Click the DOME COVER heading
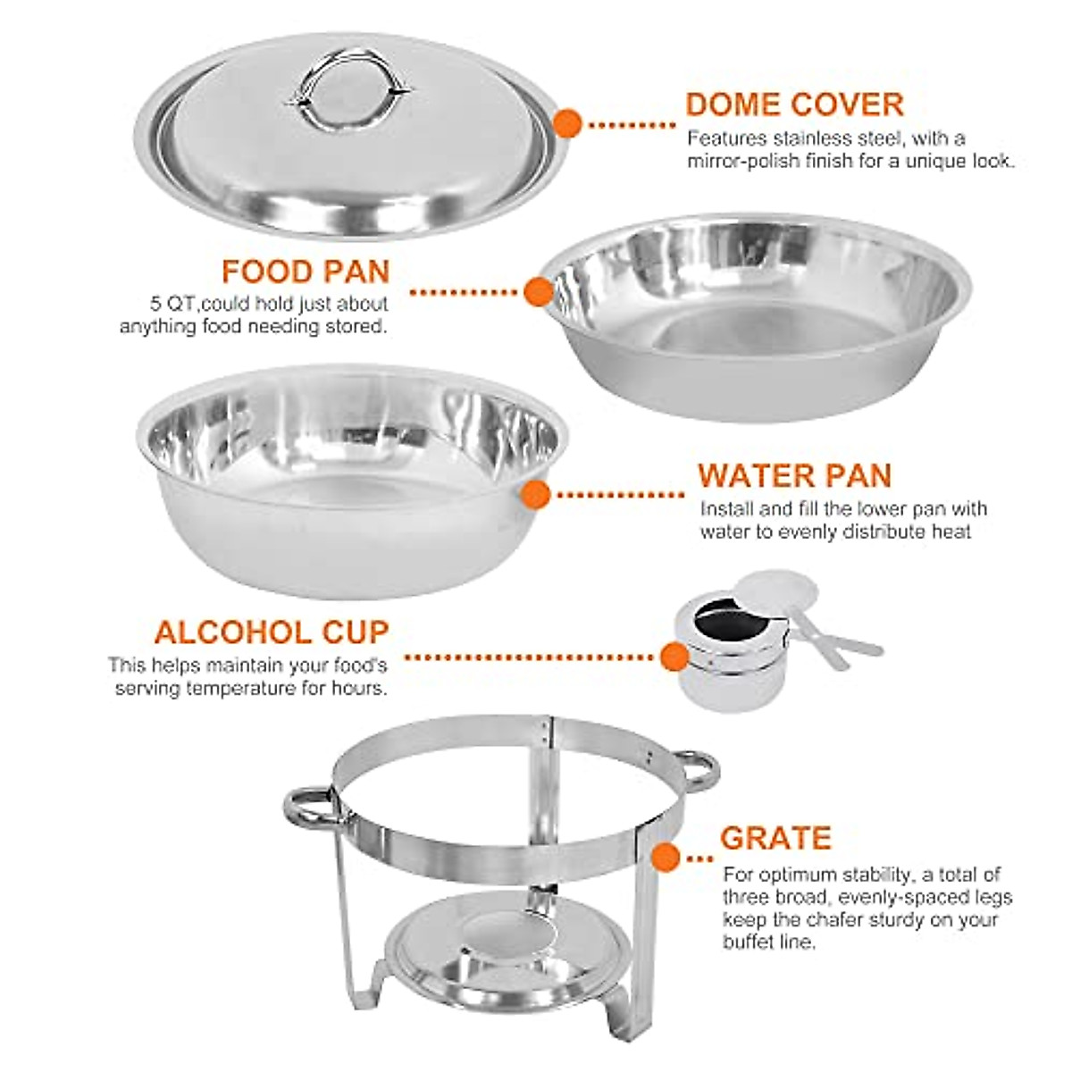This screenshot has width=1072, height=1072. pos(794,105)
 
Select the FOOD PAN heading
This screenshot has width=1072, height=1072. pos(306,272)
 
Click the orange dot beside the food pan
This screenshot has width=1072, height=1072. pos(536,291)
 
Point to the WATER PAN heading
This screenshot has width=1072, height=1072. pos(794,475)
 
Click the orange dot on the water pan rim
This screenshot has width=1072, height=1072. pos(535,494)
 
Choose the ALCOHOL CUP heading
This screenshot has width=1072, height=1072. pos(272,632)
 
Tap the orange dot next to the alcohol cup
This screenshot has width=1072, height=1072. pos(674,658)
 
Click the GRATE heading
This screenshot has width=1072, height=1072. pos(775,838)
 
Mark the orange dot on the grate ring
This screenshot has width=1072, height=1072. pos(664,858)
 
